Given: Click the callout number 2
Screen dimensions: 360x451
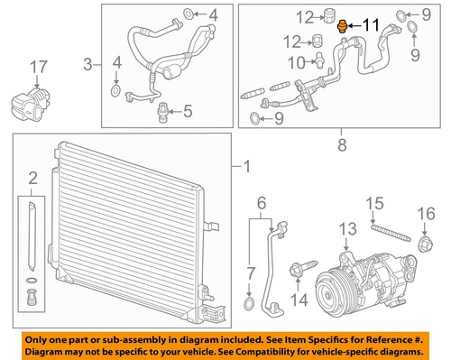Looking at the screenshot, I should coord(32,176).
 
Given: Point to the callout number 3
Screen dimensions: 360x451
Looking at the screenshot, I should coord(87,63).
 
